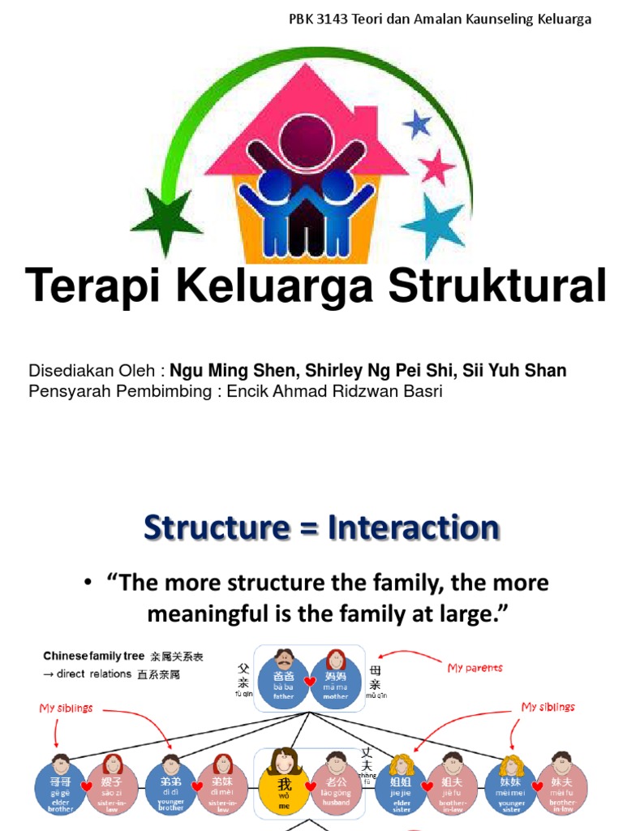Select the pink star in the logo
[x=437, y=167]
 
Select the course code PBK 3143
[x=319, y=19]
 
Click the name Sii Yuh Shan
[x=514, y=371]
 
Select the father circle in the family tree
[x=283, y=682]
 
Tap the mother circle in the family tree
[x=335, y=682]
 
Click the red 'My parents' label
[x=475, y=668]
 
